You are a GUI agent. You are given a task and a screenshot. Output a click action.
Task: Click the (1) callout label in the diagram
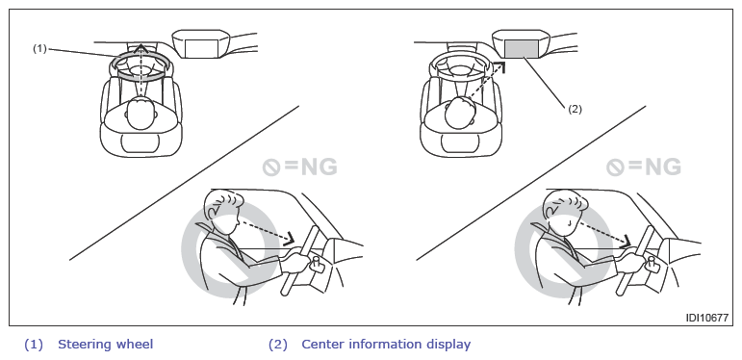[x=39, y=48]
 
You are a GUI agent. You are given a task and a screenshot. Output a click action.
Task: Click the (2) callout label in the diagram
[x=575, y=109]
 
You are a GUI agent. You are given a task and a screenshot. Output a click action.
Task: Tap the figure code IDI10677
[x=707, y=318]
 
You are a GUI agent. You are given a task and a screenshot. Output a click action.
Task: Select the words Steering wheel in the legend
[x=106, y=344]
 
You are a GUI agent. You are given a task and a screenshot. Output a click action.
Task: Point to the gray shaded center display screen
[x=522, y=49]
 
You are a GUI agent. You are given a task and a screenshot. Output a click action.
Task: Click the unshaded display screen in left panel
[x=201, y=49]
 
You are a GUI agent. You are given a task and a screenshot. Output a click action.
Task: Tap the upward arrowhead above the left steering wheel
[x=141, y=48]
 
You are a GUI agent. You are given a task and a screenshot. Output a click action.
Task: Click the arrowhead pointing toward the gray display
[x=499, y=66]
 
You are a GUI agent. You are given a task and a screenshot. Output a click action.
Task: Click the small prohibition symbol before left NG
[x=271, y=167]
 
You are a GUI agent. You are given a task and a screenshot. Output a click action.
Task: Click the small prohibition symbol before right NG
[x=615, y=167]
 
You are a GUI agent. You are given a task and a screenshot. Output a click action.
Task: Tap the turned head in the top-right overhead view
[x=460, y=112]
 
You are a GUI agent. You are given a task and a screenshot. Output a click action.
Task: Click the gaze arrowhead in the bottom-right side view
[x=627, y=241]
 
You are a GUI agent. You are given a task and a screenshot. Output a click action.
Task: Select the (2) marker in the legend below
[x=278, y=345]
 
